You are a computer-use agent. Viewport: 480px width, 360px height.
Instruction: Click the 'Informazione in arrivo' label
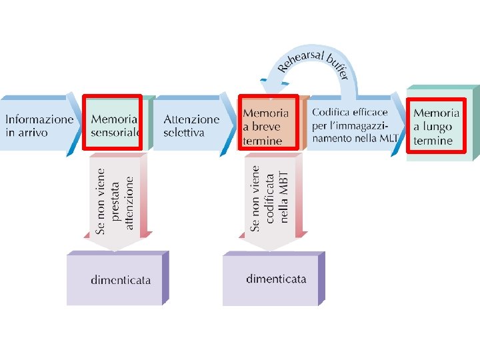point(39,126)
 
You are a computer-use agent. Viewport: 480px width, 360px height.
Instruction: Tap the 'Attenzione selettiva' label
point(191,126)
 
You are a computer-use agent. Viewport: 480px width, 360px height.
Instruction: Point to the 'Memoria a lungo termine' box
point(437,125)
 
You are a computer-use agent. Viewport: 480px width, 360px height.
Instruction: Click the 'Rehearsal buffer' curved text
point(314,63)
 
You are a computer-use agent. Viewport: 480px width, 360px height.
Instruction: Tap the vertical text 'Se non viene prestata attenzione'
point(115,194)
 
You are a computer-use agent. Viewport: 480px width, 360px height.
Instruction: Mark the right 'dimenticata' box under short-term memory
point(275,278)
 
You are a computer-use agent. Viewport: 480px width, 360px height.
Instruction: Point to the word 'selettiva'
point(184,133)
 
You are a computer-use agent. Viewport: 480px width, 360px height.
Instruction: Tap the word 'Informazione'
point(39,119)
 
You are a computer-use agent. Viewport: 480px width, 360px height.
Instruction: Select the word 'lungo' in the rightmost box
point(437,127)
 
